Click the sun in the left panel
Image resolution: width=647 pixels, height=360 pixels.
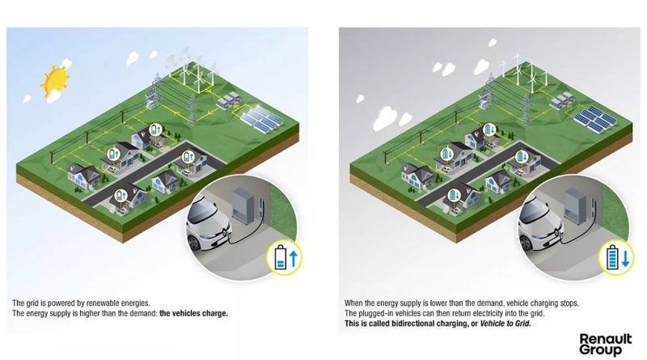point(55,80)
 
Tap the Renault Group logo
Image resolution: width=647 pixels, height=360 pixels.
point(605,345)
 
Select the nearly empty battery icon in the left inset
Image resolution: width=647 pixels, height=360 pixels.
point(281,257)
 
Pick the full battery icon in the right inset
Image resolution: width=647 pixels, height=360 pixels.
point(613,257)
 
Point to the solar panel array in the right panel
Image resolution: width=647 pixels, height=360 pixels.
point(595,118)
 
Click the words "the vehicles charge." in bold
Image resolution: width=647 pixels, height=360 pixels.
point(193,313)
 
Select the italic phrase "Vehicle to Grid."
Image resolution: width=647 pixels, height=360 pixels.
point(505,324)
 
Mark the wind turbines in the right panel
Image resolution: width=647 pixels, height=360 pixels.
point(525,74)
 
